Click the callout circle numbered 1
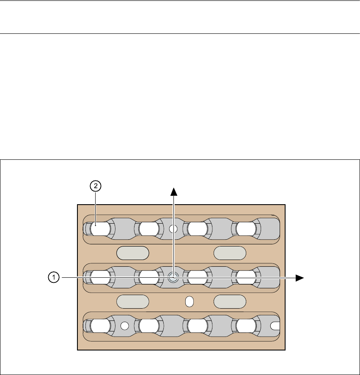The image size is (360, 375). [x=53, y=277]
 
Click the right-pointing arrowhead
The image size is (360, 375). [x=300, y=277]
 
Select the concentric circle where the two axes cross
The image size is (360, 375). [x=173, y=277]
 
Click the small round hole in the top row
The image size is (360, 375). [x=173, y=229]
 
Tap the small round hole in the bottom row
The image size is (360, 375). [x=124, y=326]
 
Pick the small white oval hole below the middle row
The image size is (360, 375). [x=190, y=301]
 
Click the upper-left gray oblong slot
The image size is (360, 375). [x=133, y=253]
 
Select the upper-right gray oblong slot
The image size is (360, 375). [x=230, y=253]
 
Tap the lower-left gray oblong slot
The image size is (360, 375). [x=133, y=301]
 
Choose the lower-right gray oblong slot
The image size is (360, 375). [x=230, y=301]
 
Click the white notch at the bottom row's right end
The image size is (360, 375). [x=275, y=326]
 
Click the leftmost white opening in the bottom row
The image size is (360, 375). [x=100, y=326]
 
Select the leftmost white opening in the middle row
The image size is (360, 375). [x=100, y=277]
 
